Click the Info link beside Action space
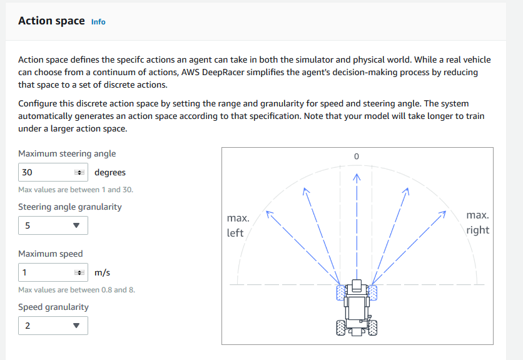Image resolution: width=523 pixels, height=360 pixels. [98, 21]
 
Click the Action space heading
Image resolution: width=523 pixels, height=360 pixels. [51, 21]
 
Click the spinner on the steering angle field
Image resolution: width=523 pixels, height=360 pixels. [79, 172]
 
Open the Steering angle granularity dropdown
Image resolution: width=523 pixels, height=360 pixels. [53, 225]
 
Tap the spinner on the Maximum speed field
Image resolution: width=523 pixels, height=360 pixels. [79, 272]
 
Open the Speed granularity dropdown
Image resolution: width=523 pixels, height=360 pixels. [53, 326]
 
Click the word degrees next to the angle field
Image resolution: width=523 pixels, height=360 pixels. [110, 172]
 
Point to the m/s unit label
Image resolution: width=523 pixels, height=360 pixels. [102, 272]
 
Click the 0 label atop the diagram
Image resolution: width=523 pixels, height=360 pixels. [357, 156]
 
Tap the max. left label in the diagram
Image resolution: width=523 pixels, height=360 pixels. [238, 225]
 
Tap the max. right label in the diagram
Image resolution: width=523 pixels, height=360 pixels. [477, 222]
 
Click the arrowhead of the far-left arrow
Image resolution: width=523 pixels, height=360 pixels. [269, 213]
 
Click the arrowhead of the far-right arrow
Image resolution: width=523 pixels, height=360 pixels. [444, 213]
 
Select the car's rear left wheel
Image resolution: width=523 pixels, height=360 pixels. [341, 327]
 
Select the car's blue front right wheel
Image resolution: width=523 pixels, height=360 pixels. [373, 293]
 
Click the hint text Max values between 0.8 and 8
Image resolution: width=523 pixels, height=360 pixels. [76, 290]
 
